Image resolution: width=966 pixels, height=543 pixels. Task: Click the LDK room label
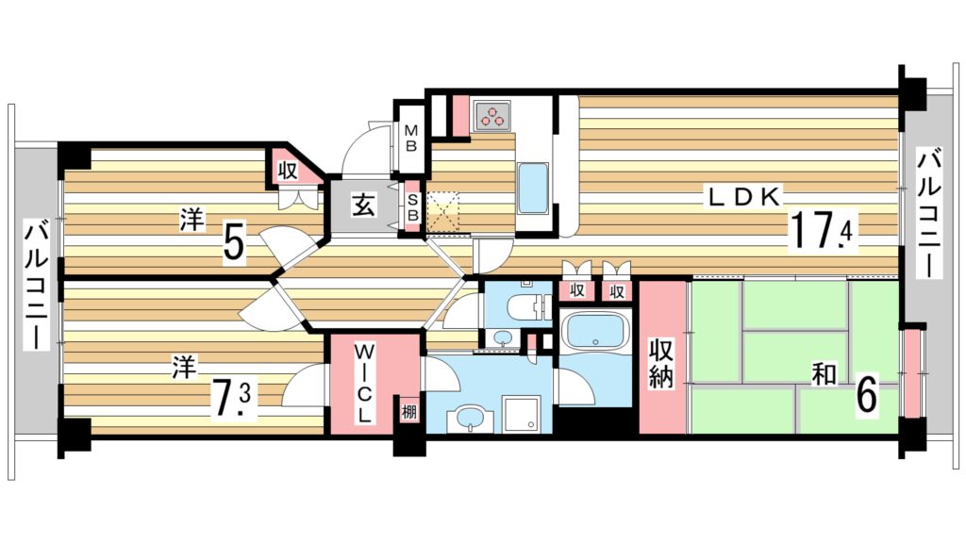pyautogui.click(x=744, y=198)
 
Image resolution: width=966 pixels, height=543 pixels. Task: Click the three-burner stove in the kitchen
pyautogui.click(x=492, y=117)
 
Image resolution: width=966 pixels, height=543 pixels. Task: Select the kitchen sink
pyautogui.click(x=534, y=188)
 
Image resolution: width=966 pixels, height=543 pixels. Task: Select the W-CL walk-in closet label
pyautogui.click(x=364, y=383)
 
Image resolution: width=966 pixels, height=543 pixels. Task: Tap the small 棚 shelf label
pyautogui.click(x=408, y=412)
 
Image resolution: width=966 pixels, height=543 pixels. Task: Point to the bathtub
pyautogui.click(x=594, y=333)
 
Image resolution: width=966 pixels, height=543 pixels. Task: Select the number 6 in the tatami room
pyautogui.click(x=866, y=395)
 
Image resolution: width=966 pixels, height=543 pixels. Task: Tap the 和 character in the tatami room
pyautogui.click(x=824, y=375)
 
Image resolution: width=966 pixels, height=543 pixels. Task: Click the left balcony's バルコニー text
pyautogui.click(x=37, y=284)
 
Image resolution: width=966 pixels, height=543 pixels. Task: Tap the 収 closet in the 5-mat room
pyautogui.click(x=289, y=172)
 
